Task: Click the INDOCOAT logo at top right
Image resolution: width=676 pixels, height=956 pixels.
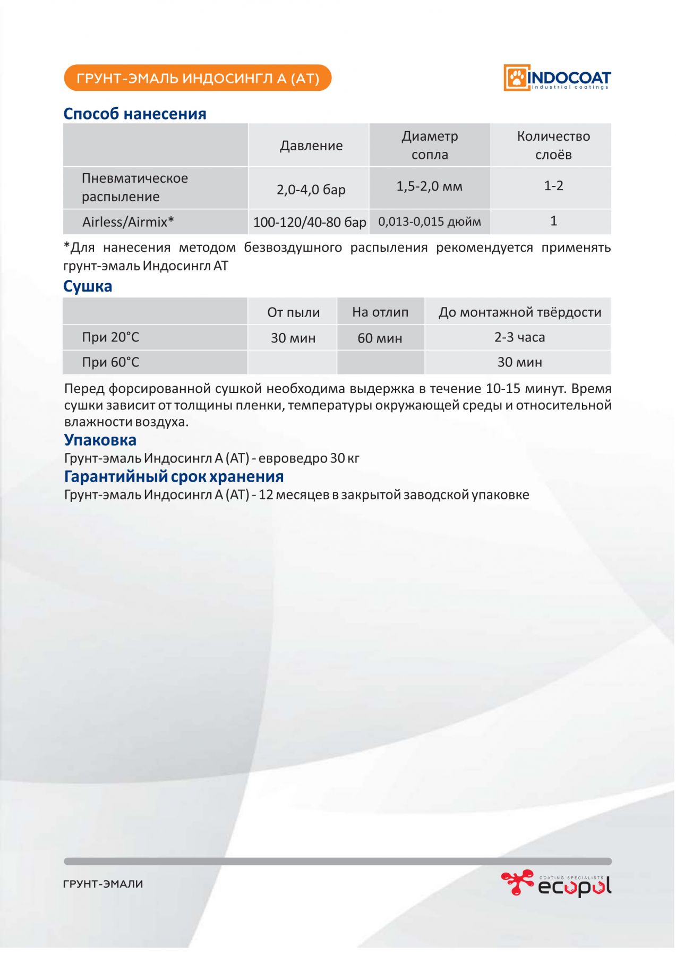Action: [x=557, y=78]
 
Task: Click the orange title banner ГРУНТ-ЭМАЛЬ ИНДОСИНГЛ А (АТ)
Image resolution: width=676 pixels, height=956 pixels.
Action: [x=198, y=79]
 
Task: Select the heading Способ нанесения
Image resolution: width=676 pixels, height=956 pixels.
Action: [x=135, y=114]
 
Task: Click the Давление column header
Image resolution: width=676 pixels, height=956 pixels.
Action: [x=311, y=146]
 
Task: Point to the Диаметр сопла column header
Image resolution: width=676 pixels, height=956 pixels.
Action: [x=430, y=145]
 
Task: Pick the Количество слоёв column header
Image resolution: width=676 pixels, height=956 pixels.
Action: [x=553, y=145]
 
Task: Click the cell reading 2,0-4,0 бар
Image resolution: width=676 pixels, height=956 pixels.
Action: [x=311, y=190]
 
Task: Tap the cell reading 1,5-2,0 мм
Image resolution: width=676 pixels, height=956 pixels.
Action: [x=429, y=186]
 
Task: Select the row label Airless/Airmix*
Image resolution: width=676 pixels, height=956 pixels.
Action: [x=128, y=222]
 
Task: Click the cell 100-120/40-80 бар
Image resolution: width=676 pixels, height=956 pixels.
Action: [x=310, y=222]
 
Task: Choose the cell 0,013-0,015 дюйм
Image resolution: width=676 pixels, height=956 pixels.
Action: [x=430, y=221]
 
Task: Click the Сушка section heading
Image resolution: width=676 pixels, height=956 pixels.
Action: [x=88, y=286]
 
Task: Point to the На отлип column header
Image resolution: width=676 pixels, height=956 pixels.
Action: [x=380, y=312]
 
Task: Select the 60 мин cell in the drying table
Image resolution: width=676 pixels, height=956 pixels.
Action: [x=380, y=338]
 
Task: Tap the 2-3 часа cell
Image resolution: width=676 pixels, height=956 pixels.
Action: [x=519, y=337]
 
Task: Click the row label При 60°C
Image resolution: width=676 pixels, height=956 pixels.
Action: [x=110, y=362]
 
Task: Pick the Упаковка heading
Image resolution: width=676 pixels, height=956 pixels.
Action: [x=100, y=440]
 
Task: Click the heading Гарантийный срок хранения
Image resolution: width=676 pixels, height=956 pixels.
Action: [x=174, y=476]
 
